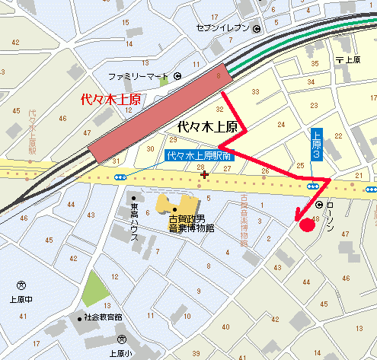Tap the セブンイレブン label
coord(223,29)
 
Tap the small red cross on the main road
coord(203,174)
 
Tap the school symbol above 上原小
coord(122,339)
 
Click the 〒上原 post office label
coord(347,59)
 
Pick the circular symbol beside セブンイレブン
coord(257,29)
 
